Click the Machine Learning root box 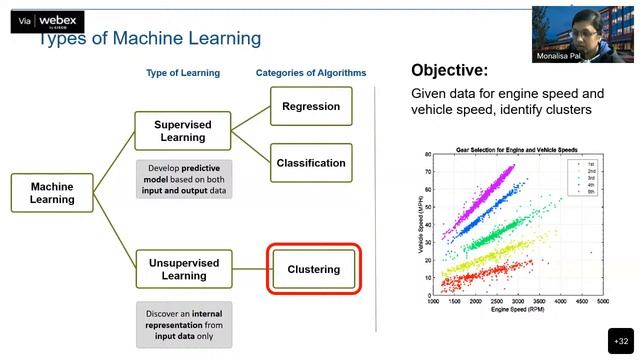52,193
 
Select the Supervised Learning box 183,131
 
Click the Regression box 311,106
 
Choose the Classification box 311,163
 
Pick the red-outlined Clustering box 313,269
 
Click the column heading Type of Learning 183,73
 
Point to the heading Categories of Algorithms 311,73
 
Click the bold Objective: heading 450,71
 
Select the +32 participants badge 620,340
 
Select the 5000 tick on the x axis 603,302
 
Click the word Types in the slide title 61,38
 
